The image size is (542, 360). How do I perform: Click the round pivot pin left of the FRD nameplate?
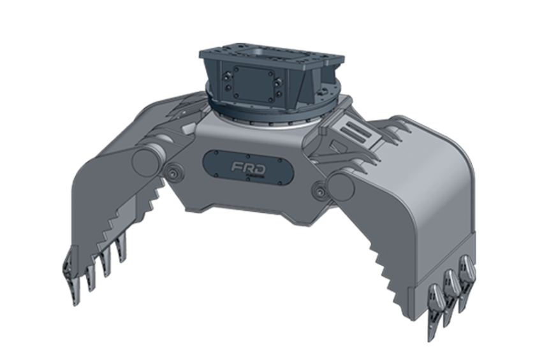coord(173,172)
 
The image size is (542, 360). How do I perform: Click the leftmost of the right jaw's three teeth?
coord(437,297)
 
